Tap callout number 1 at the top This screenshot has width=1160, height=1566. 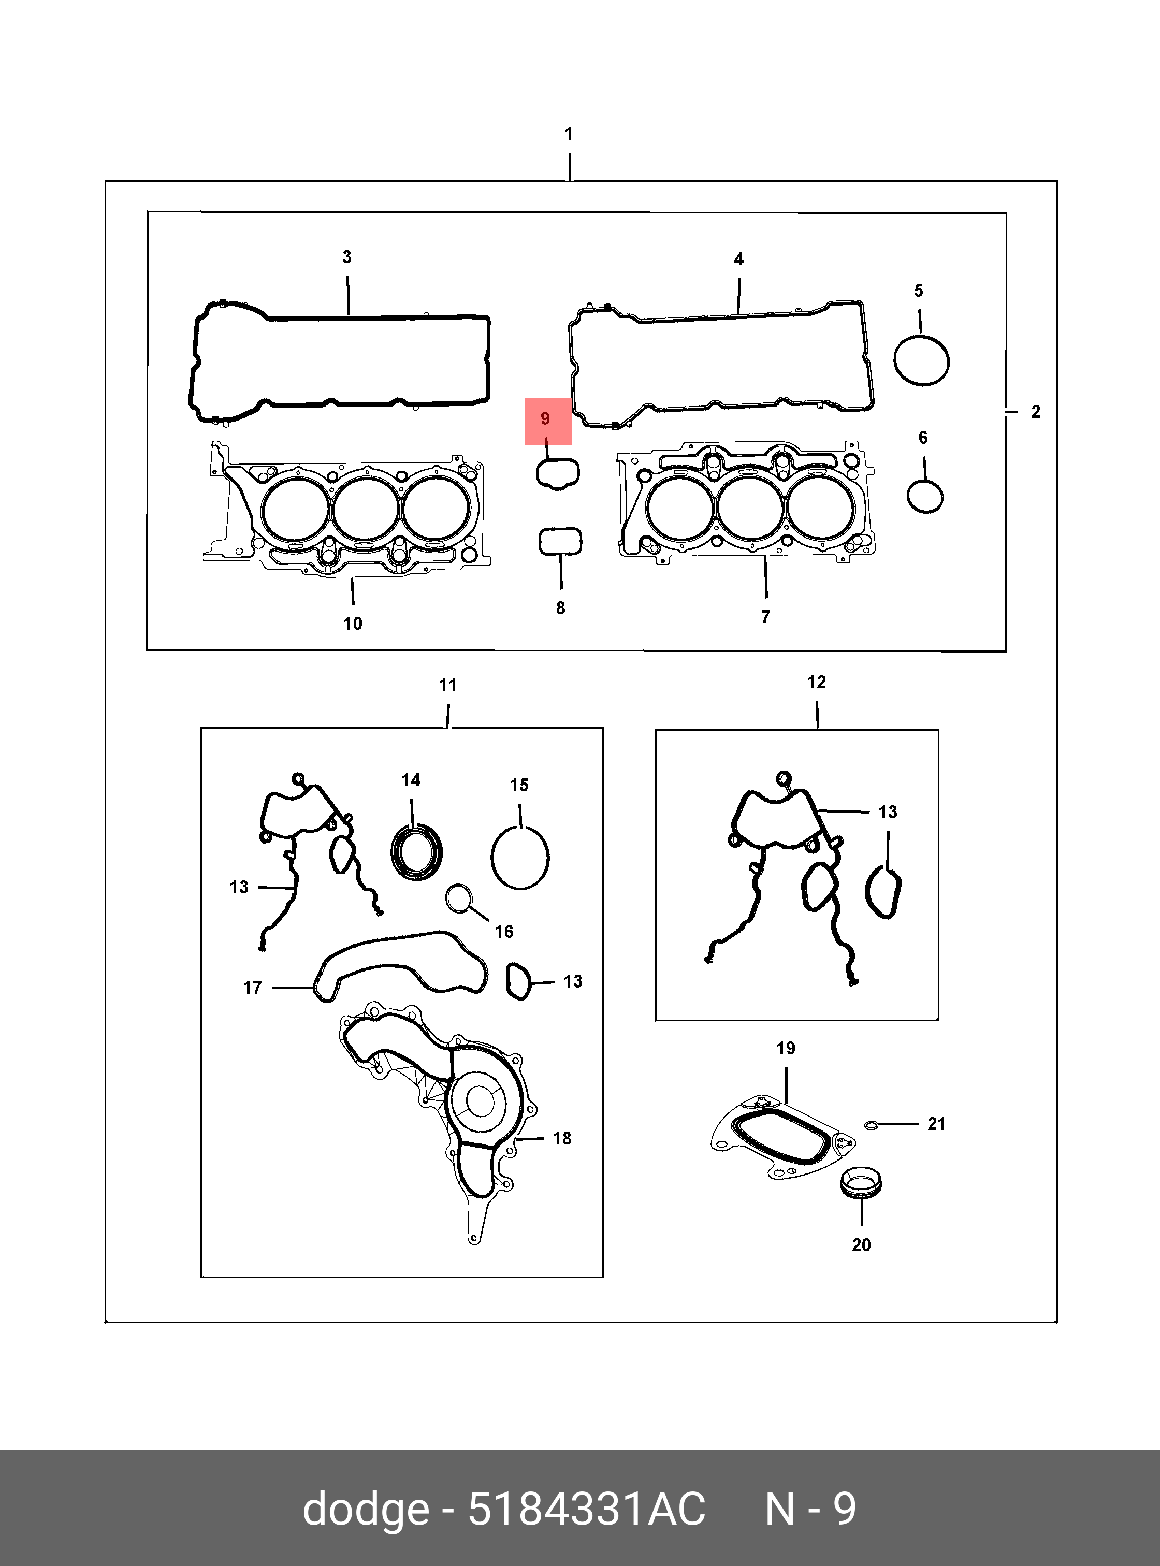click(569, 134)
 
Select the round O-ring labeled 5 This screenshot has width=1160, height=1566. click(921, 360)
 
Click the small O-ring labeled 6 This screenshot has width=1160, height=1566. click(925, 497)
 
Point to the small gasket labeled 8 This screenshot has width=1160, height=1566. click(560, 542)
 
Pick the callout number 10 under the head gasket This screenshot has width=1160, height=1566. click(353, 624)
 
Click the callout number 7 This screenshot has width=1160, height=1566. click(765, 617)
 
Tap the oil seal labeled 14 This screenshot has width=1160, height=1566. click(416, 854)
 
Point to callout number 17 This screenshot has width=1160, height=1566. click(252, 988)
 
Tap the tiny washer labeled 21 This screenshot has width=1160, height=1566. click(872, 1126)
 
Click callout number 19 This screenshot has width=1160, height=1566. click(786, 1049)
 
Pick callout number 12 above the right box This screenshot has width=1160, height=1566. click(816, 682)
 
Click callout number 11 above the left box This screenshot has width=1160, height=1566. click(448, 686)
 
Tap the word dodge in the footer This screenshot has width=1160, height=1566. click(366, 1509)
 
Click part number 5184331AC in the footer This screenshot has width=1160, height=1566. click(586, 1509)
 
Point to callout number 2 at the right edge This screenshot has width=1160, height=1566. click(1035, 412)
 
